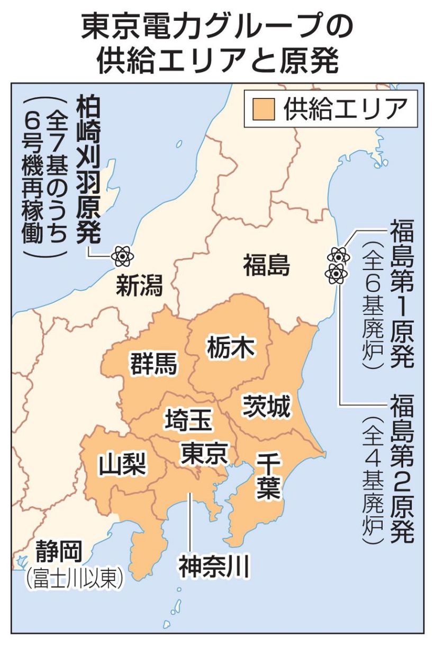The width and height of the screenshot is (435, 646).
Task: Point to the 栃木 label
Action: [229, 347]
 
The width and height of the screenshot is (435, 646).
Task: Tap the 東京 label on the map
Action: [203, 453]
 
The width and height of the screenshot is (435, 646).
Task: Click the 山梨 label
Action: [123, 464]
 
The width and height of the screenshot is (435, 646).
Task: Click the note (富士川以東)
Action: [74, 578]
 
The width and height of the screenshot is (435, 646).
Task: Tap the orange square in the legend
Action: [263, 109]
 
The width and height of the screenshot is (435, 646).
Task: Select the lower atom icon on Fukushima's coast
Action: [335, 273]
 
